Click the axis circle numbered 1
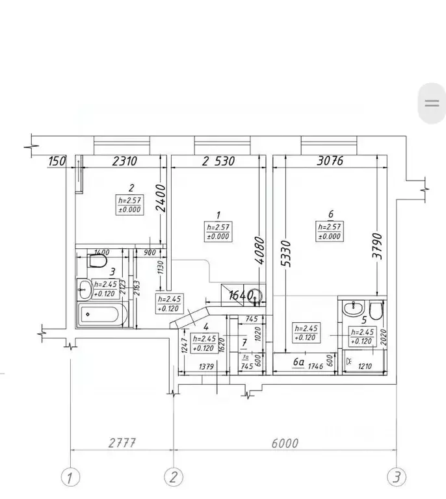click(x=71, y=478)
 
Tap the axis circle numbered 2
click(x=172, y=478)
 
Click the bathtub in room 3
click(x=100, y=317)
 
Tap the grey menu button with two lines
click(x=431, y=103)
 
